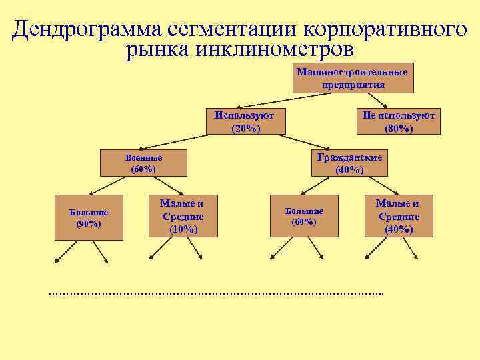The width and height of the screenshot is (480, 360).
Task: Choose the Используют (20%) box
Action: pos(245,121)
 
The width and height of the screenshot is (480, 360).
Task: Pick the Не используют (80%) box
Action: pos(398,121)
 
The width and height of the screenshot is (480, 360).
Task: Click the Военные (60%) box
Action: pos(143,163)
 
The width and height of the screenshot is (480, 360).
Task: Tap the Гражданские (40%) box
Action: pos(349,163)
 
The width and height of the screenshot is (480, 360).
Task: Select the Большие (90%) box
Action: pos(89,218)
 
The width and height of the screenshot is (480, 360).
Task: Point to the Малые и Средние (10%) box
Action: pos(182,216)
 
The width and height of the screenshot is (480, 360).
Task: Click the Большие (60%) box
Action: pos(304,216)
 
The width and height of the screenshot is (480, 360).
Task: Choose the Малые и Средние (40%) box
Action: pos(399,216)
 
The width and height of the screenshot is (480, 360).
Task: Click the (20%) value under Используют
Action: pos(245,128)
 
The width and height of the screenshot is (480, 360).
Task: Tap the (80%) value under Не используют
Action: pos(399,128)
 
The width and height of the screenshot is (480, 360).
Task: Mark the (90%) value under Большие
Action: pos(89,224)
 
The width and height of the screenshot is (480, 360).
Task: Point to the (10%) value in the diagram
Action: pos(183,229)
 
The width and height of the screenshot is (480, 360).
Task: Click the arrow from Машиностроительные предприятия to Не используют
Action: pos(380,100)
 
